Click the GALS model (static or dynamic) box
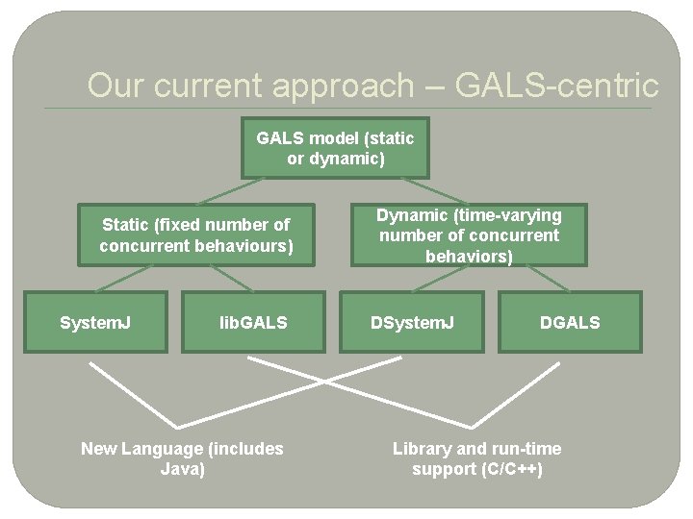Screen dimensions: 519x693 [335, 148]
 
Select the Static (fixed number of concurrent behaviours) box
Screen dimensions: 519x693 [196, 235]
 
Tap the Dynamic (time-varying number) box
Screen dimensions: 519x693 [469, 235]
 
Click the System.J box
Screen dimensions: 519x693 [96, 322]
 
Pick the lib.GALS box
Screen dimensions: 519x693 [253, 322]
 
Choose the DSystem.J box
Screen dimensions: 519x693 [413, 322]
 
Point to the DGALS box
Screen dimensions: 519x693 [570, 322]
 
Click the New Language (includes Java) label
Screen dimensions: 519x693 [182, 458]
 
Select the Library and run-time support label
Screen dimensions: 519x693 [476, 458]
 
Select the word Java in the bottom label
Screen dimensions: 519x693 [182, 469]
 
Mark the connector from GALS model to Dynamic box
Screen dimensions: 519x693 [434, 189]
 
